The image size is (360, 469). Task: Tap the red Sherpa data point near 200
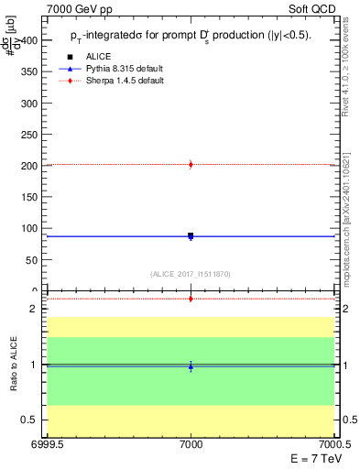pos(191,165)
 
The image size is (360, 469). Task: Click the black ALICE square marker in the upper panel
pos(191,235)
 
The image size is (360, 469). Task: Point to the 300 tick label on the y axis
pos(30,104)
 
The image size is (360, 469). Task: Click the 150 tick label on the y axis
pos(30,197)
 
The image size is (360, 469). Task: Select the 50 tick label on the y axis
pos(33,260)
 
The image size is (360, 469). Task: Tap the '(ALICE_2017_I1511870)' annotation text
pos(191,274)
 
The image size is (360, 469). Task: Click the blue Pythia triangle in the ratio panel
pos(191,366)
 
